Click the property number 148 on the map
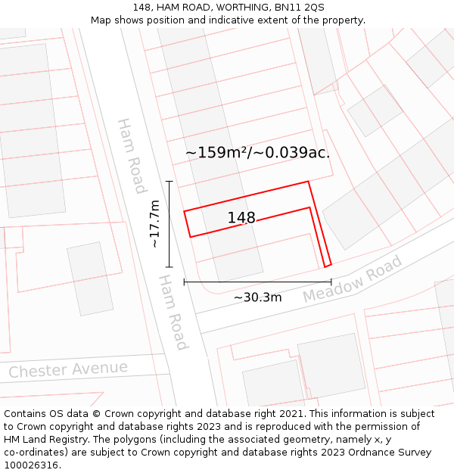pyautogui.click(x=241, y=218)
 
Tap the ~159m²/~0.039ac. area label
pyautogui.click(x=258, y=152)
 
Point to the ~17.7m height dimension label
pyautogui.click(x=154, y=224)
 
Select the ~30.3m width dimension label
pyautogui.click(x=257, y=297)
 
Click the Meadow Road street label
pyautogui.click(x=353, y=279)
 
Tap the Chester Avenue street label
pyautogui.click(x=68, y=370)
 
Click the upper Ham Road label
pyautogui.click(x=132, y=155)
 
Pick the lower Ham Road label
pyautogui.click(x=173, y=312)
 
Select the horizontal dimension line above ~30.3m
pyautogui.click(x=257, y=282)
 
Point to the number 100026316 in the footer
pyautogui.click(x=32, y=465)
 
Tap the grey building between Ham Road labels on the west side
pyautogui.click(x=90, y=279)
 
